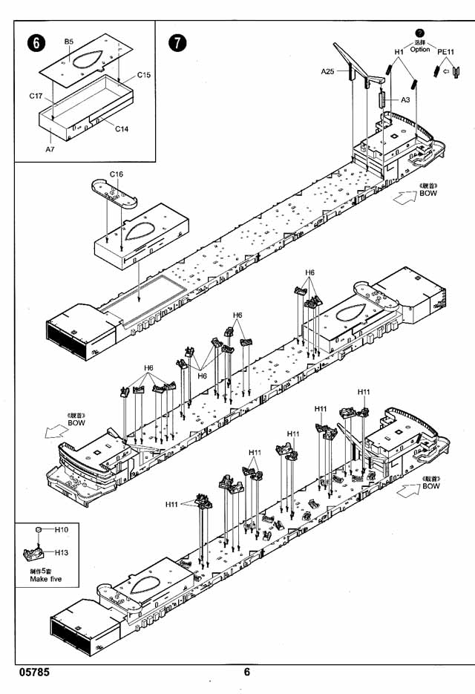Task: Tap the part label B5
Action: [x=68, y=42]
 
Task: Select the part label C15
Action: [x=144, y=75]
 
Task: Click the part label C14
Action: [x=122, y=128]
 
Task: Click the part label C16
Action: [x=116, y=174]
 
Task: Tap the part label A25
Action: [x=328, y=71]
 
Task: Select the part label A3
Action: [x=406, y=99]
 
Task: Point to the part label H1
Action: [x=399, y=51]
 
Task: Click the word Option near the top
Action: [x=420, y=49]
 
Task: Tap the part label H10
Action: [x=62, y=530]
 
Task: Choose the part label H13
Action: [x=62, y=552]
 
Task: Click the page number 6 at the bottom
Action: [x=247, y=672]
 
